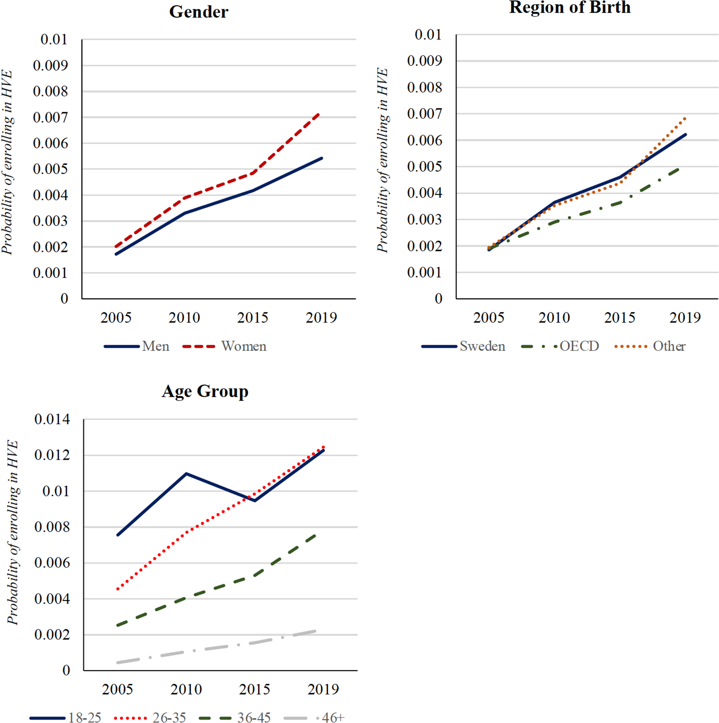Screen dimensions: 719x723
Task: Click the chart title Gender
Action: click(199, 12)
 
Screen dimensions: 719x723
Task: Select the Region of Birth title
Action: click(570, 8)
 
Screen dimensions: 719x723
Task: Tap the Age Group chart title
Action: click(205, 392)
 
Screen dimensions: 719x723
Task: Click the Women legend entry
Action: click(224, 346)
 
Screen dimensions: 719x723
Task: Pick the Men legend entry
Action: click(136, 346)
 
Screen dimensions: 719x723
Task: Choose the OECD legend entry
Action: click(560, 346)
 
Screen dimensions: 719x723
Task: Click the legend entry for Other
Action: click(650, 346)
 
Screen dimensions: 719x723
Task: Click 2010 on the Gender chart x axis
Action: click(184, 318)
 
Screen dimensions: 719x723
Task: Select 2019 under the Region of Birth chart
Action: click(685, 318)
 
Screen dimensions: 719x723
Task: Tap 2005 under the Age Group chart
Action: click(117, 689)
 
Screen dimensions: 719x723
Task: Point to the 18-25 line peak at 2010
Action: click(186, 474)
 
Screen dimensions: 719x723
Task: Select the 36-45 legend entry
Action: click(235, 717)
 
